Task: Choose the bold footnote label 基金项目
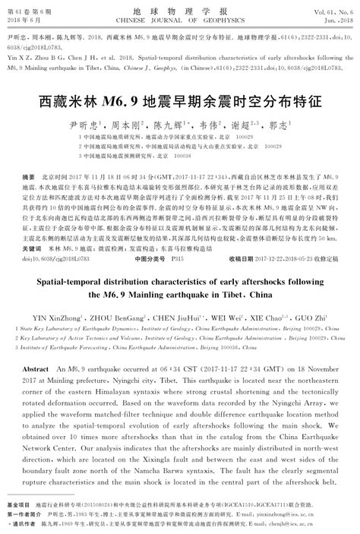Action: pos(17,504)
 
